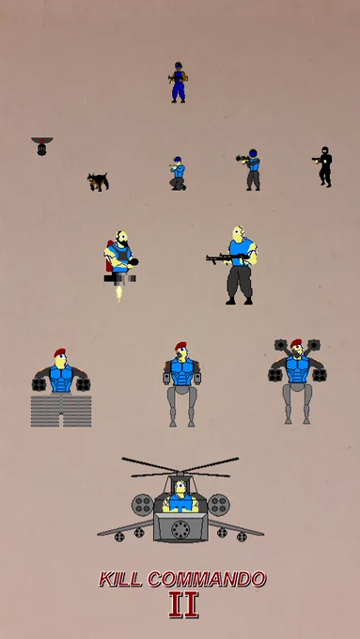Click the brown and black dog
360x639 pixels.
[99, 181]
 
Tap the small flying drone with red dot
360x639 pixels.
[41, 146]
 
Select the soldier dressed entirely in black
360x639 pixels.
[323, 166]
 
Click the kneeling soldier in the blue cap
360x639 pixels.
[179, 173]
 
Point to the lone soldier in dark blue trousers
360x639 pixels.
[179, 83]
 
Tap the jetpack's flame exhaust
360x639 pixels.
[119, 293]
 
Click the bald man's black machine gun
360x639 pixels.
[227, 258]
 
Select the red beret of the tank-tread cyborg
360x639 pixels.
[59, 352]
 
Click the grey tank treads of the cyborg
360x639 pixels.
[61, 410]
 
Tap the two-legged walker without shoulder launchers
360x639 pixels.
[181, 384]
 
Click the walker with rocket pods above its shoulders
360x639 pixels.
[297, 381]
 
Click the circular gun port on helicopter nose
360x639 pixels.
[180, 529]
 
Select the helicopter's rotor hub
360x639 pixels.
[180, 474]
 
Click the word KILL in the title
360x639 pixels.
[120, 579]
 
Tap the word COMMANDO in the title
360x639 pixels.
[207, 579]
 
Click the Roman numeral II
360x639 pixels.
[183, 605]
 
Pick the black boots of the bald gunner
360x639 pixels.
[240, 301]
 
